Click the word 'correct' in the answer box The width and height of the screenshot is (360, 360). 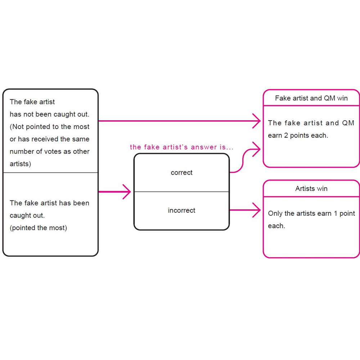[x=181, y=173]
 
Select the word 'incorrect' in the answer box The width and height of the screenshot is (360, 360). [x=181, y=210]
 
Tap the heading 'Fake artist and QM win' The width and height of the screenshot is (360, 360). [x=311, y=98]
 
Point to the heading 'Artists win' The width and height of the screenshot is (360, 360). [x=311, y=189]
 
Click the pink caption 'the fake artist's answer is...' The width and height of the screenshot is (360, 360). [x=181, y=147]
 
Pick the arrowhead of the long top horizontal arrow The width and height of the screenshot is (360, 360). [x=256, y=121]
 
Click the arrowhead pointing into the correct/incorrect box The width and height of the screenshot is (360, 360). [x=127, y=192]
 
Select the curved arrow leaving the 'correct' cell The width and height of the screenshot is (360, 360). [x=243, y=158]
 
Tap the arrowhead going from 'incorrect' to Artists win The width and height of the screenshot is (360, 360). [x=256, y=210]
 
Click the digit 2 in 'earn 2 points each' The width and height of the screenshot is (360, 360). [x=286, y=135]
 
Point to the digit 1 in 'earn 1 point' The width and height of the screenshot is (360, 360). [x=336, y=213]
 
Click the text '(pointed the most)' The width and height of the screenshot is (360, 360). [x=39, y=228]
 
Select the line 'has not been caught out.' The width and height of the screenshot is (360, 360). [x=49, y=114]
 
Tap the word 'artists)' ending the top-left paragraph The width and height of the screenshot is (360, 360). [x=20, y=164]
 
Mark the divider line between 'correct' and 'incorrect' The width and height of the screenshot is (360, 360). [x=181, y=192]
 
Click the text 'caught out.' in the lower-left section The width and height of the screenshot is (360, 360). [x=27, y=216]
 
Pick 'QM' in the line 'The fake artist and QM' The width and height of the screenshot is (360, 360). [x=348, y=123]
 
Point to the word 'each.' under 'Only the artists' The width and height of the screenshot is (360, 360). [x=276, y=226]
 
